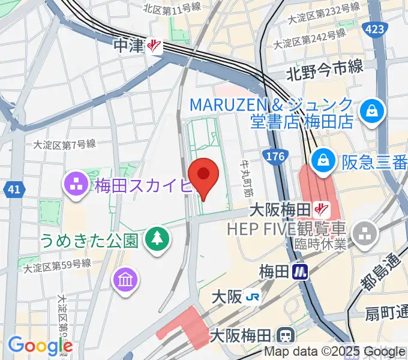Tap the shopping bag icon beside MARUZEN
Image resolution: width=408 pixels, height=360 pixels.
click(x=372, y=111)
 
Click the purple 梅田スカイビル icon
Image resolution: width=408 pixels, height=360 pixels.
click(x=77, y=185)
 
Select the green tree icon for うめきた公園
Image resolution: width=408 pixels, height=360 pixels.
click(x=157, y=239)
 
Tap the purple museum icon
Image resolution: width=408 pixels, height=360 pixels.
click(x=127, y=280)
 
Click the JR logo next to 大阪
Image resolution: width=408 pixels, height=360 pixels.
click(x=254, y=297)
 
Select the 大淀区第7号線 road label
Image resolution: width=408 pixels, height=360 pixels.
click(x=64, y=144)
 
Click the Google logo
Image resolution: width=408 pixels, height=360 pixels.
click(x=40, y=346)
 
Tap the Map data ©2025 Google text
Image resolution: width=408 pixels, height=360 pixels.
click(x=335, y=352)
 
